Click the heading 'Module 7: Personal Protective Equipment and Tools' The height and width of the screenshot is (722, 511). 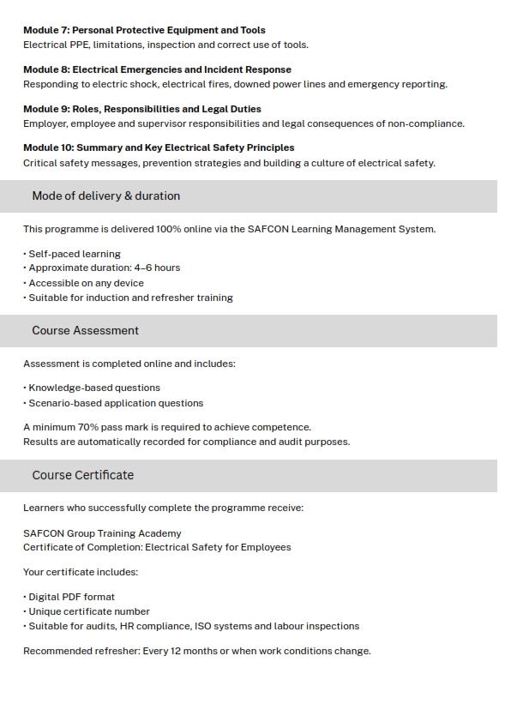tap(144, 30)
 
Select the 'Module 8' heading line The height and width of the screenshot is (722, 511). tap(157, 69)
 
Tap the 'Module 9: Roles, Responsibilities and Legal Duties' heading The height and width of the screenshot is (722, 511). tap(142, 109)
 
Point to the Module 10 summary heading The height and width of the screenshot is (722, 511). tap(159, 147)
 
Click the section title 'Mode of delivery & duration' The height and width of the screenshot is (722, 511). tap(105, 196)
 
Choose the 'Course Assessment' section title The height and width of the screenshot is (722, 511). tap(85, 330)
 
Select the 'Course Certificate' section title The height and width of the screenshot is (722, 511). tap(82, 475)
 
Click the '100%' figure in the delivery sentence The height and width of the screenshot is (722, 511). tap(167, 229)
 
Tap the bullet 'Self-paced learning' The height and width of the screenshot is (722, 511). tap(75, 254)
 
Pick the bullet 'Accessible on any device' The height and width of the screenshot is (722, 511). tap(86, 283)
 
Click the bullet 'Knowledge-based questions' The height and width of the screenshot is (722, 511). tap(94, 388)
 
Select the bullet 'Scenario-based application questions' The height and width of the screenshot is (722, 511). tap(116, 403)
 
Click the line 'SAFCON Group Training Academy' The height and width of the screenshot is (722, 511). tap(102, 533)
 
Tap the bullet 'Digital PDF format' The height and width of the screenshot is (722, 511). tap(71, 597)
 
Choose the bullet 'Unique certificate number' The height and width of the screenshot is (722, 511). tap(89, 611)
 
